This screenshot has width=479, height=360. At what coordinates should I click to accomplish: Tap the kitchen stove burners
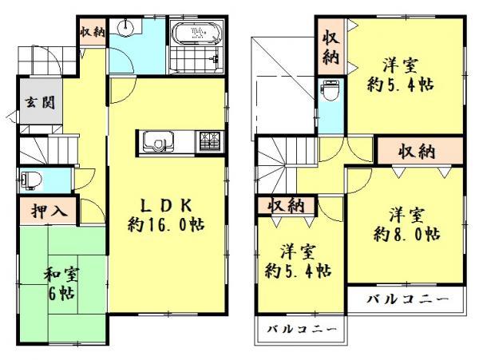point(209,141)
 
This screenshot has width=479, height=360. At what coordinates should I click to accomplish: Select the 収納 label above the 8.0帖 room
point(418,151)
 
